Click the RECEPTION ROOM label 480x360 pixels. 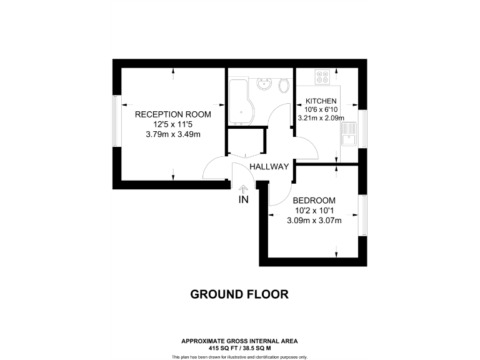click(172, 114)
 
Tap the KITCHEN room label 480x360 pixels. click(321, 101)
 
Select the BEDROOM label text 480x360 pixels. click(314, 200)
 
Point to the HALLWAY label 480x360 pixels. click(269, 166)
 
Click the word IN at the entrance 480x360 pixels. click(243, 200)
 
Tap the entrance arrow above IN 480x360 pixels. click(243, 188)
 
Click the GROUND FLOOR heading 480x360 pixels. click(239, 294)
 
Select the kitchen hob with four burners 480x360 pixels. click(323, 77)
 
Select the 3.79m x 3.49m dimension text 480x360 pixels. click(172, 134)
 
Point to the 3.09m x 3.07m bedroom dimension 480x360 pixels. click(314, 220)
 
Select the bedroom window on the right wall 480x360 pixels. click(362, 215)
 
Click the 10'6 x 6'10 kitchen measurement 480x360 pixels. click(321, 109)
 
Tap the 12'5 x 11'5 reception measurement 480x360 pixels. click(172, 124)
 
